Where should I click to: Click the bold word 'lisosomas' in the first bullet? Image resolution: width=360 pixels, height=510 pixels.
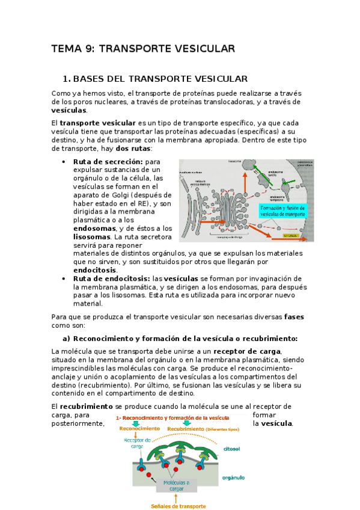pos(93,237)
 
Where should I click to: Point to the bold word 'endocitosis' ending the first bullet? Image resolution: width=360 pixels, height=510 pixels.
pos(97,271)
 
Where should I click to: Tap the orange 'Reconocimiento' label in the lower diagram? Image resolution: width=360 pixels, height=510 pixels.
pos(139,428)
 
